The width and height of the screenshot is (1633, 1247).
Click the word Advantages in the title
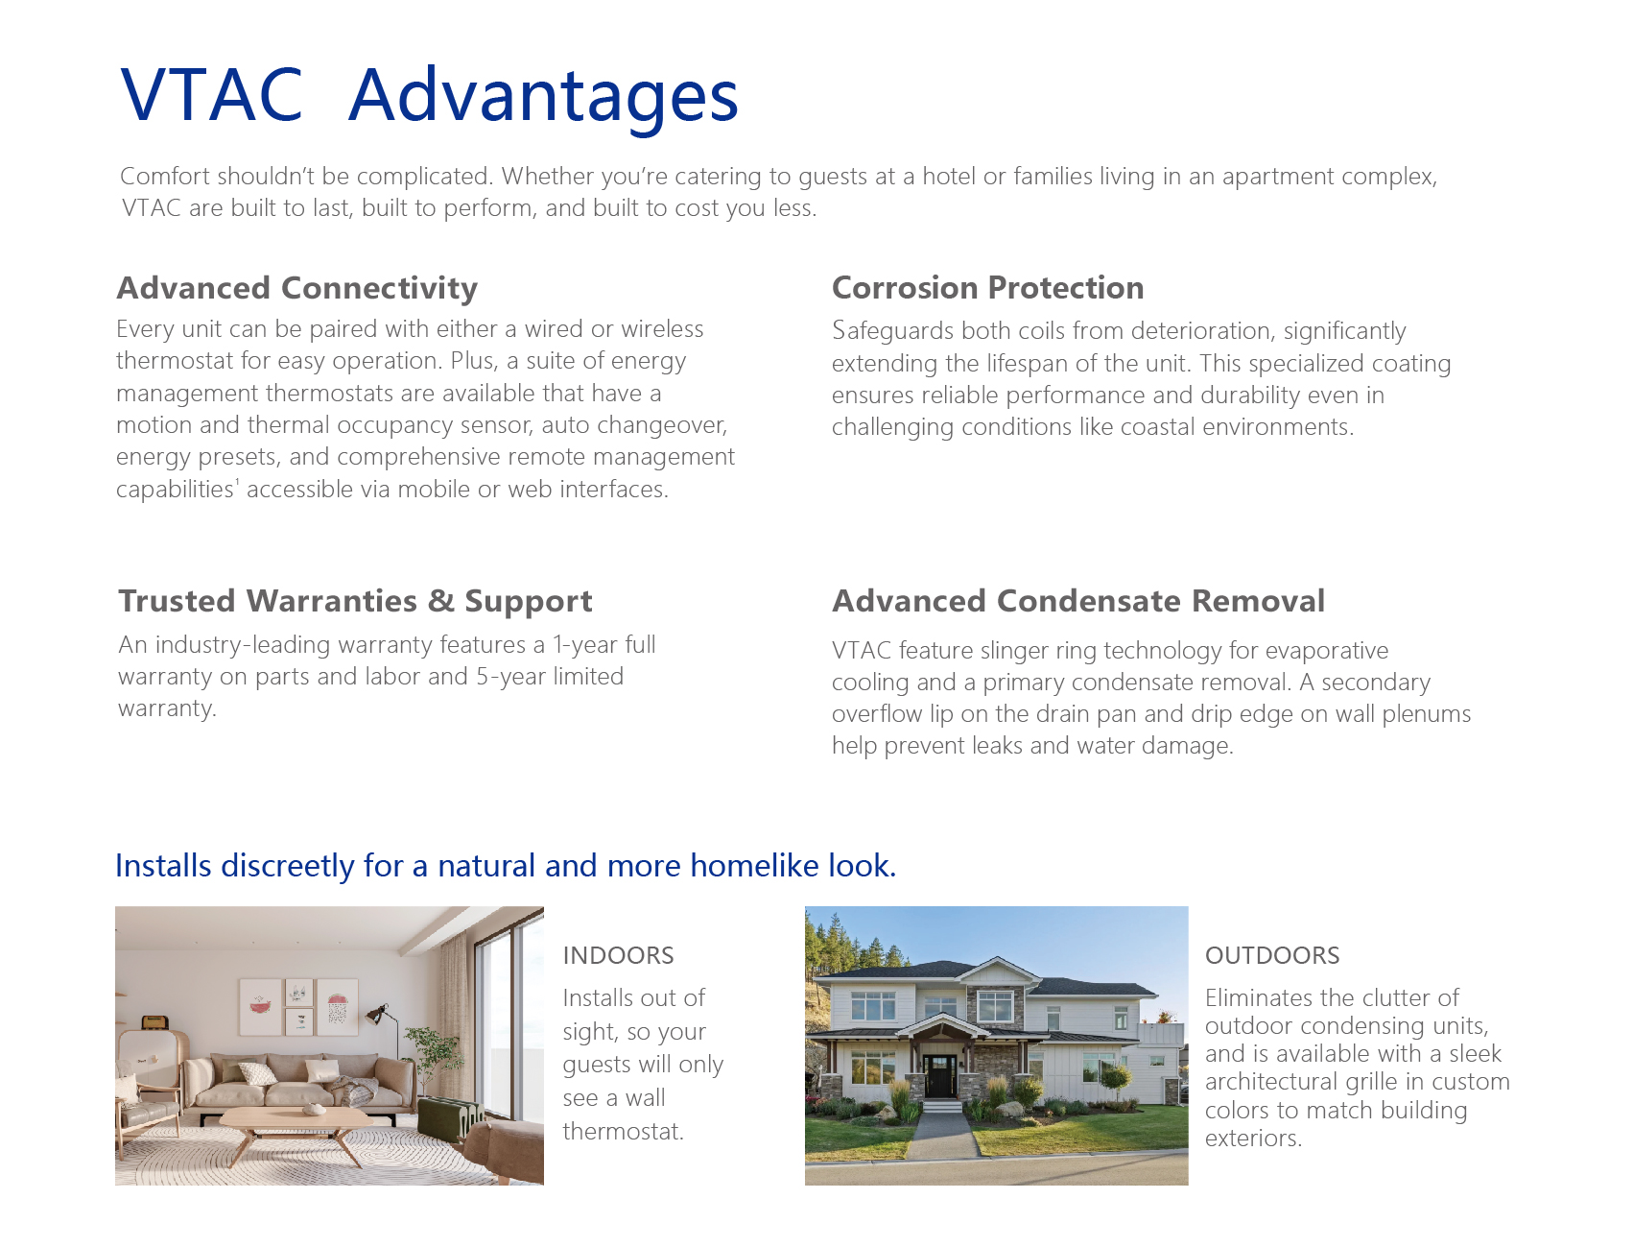click(543, 97)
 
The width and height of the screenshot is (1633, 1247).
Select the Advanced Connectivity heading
click(297, 288)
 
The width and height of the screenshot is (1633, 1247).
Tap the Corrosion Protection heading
click(988, 288)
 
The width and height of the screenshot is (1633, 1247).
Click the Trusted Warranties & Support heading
click(355, 601)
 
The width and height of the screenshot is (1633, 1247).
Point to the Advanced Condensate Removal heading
click(1078, 601)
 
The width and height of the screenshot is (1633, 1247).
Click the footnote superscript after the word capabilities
click(237, 482)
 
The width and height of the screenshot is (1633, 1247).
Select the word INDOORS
click(618, 955)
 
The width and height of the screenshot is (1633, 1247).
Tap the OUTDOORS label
click(1272, 955)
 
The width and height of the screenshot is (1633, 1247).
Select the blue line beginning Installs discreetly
click(506, 866)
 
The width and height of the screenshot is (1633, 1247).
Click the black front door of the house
click(940, 1075)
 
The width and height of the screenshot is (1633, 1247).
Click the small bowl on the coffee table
click(314, 1110)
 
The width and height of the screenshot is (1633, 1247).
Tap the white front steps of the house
click(941, 1105)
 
